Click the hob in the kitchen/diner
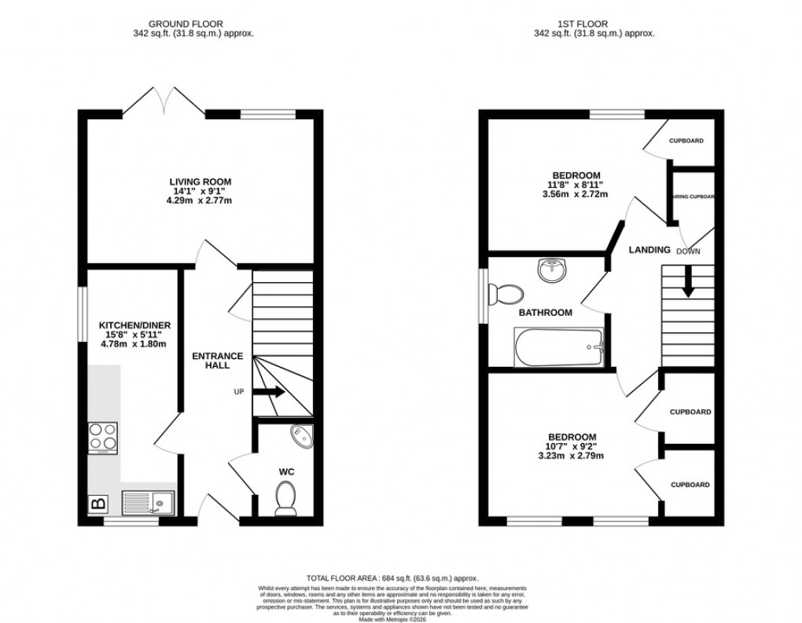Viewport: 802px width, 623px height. [102, 438]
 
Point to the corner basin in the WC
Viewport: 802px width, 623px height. [300, 435]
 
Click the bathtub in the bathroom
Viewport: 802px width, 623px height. [559, 348]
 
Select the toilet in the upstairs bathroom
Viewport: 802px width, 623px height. [505, 295]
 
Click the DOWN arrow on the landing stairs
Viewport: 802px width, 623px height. [688, 281]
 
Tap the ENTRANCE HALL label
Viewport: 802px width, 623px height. [218, 361]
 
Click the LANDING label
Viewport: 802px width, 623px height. [649, 250]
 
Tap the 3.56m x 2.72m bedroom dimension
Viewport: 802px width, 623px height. [576, 195]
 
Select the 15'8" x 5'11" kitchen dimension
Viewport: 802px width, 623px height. [134, 335]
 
